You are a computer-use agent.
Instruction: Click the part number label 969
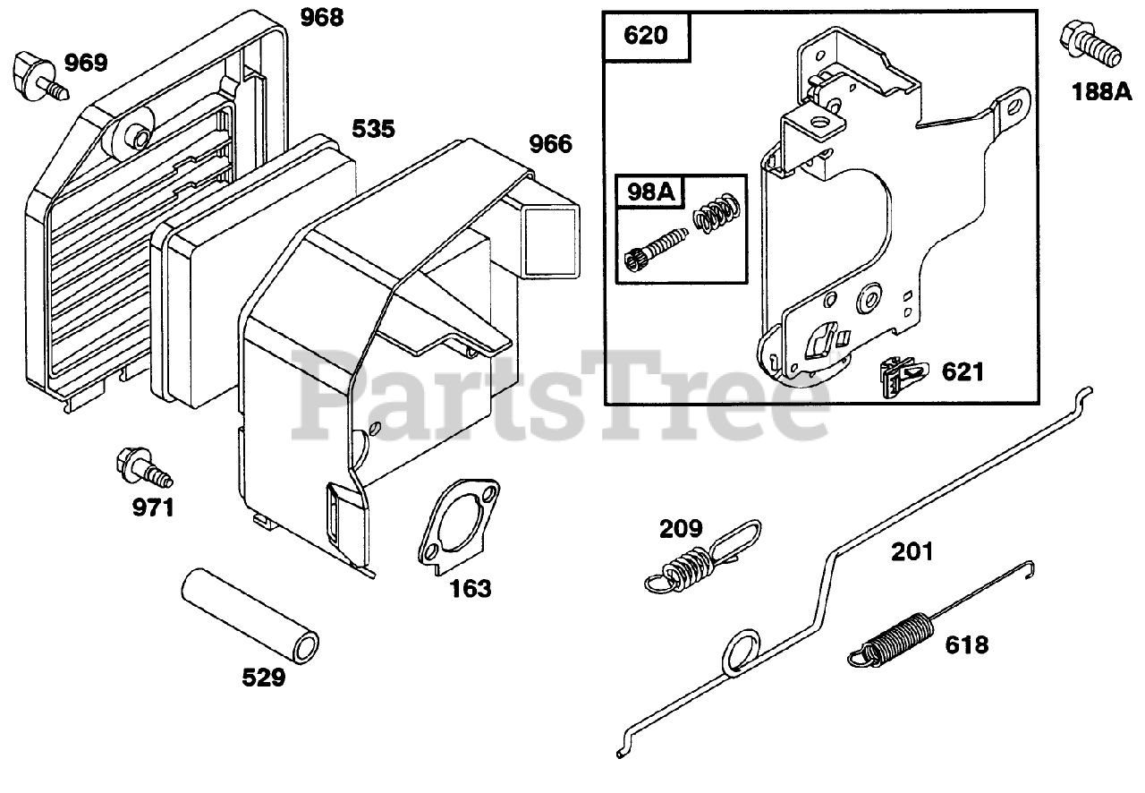(86, 63)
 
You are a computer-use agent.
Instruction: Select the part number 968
(321, 17)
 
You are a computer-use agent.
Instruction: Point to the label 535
(372, 129)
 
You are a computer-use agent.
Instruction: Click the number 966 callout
(550, 144)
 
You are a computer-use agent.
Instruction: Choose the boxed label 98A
(646, 191)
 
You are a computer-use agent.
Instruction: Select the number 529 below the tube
(263, 678)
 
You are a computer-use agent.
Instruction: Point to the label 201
(912, 551)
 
